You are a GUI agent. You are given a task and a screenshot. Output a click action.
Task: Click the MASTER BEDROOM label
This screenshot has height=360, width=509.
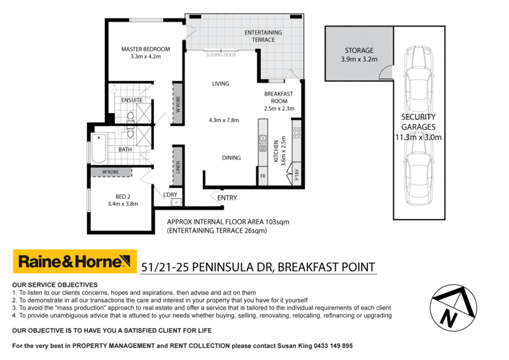click(146, 50)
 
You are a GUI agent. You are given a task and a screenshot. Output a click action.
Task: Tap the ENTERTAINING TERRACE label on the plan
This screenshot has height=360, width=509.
click(263, 36)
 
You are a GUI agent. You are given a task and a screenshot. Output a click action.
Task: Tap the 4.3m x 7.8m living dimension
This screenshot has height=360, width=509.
click(223, 120)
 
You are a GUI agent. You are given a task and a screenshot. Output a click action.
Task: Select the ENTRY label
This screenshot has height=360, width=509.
click(227, 198)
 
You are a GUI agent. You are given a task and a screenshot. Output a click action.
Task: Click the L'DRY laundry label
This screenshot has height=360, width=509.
click(170, 194)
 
